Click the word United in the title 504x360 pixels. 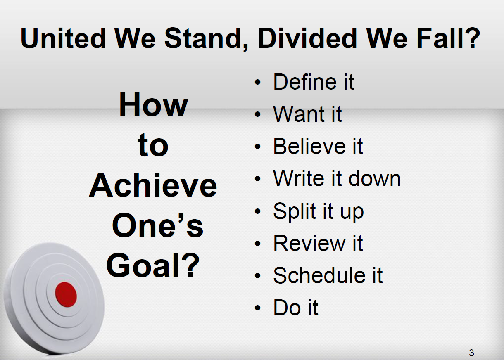(63, 38)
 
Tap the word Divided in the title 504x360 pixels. (307, 38)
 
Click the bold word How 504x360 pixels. (153, 104)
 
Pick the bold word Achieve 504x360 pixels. (153, 185)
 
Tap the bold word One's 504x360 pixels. (157, 225)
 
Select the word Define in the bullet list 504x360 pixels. (305, 82)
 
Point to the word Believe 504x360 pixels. (309, 147)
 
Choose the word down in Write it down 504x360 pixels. (375, 178)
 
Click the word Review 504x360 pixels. (309, 243)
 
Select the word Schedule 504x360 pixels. (319, 275)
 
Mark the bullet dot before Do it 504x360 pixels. (258, 308)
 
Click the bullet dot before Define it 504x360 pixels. (258, 82)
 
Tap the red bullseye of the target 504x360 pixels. (66, 295)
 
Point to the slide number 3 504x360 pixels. (472, 353)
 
